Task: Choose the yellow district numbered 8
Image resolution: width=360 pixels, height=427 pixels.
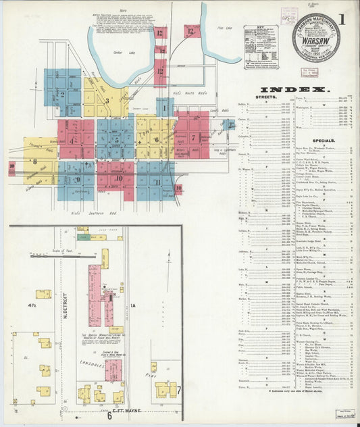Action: [34, 162]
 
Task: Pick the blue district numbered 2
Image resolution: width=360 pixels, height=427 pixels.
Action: [62, 94]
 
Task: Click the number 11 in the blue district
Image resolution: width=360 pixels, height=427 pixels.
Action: [157, 182]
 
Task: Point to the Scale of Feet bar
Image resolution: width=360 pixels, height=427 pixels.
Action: [57, 256]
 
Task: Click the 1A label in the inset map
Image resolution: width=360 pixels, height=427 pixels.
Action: [133, 306]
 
